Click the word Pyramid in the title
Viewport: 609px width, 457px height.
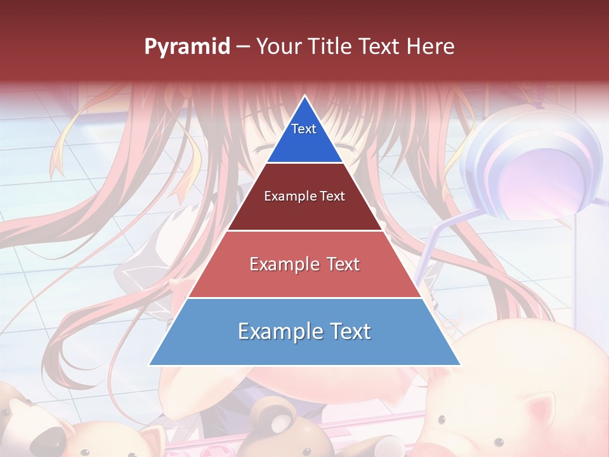pyautogui.click(x=187, y=47)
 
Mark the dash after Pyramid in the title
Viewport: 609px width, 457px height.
pyautogui.click(x=242, y=47)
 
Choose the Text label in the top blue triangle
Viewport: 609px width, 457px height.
pyautogui.click(x=304, y=129)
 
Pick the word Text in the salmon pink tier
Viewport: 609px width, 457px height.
pyautogui.click(x=343, y=264)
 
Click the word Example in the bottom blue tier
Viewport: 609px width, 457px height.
pyautogui.click(x=280, y=331)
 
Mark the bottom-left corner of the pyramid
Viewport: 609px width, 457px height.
pyautogui.click(x=149, y=365)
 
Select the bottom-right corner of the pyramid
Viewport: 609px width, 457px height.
pyautogui.click(x=461, y=365)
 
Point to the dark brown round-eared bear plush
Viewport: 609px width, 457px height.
pyautogui.click(x=273, y=422)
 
